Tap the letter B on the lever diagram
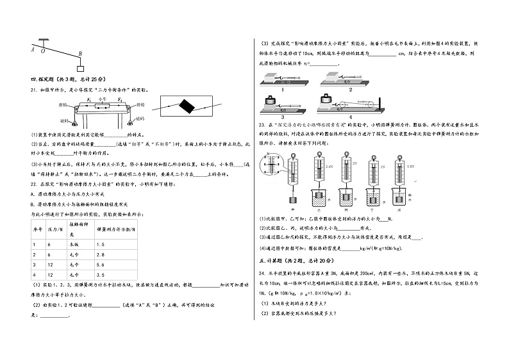click(80, 54)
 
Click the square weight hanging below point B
click(80, 67)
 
